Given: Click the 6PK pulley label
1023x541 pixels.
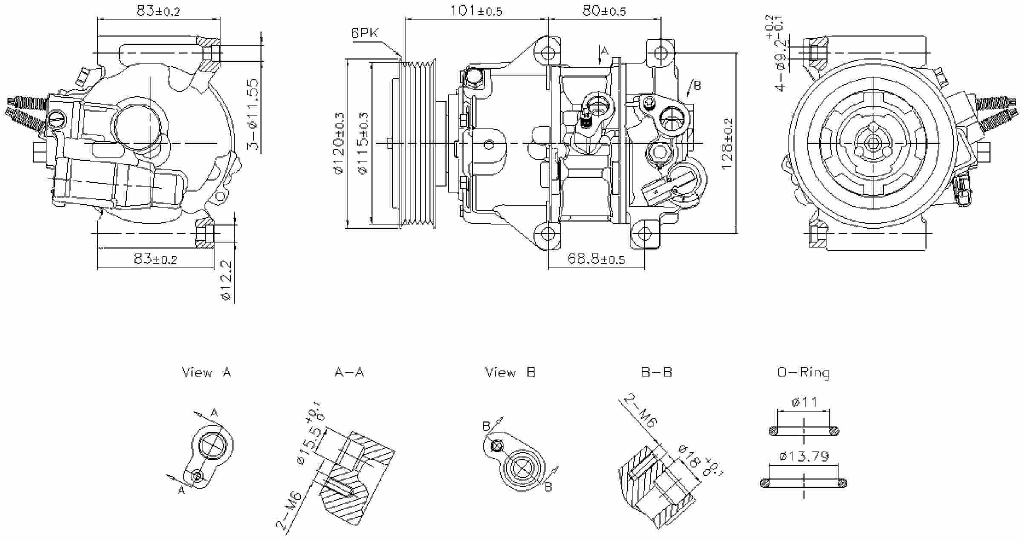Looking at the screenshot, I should [364, 33].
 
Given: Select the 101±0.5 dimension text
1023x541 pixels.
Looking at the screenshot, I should [476, 11].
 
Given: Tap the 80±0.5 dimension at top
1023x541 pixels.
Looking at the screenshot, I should [604, 11].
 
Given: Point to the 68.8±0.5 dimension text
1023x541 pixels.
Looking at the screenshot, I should [596, 259].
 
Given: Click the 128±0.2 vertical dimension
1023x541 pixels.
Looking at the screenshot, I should [727, 144].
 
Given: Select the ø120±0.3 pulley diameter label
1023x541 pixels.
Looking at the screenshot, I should [339, 144].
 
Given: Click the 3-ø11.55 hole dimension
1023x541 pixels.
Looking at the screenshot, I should [253, 114].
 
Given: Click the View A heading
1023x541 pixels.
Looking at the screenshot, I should [206, 372].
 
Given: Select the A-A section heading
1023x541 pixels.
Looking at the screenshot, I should [349, 372].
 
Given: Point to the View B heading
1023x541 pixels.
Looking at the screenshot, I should [510, 372].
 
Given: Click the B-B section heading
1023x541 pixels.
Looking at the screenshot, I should [656, 372].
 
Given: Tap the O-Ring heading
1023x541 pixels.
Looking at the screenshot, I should [803, 373].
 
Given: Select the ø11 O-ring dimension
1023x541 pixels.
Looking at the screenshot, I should [804, 402].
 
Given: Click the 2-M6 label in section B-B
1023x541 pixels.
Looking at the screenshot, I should [641, 411].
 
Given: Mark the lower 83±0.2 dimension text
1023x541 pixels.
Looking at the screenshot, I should [155, 259].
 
